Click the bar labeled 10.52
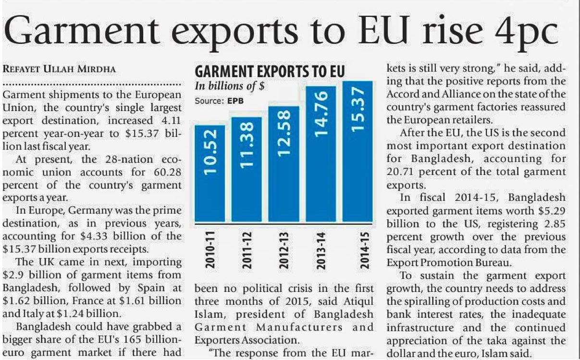click(x=210, y=173)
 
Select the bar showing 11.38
click(x=246, y=169)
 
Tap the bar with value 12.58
click(x=284, y=163)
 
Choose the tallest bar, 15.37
click(x=357, y=151)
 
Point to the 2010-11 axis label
click(x=210, y=249)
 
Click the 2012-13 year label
click(x=284, y=249)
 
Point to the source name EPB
click(x=235, y=101)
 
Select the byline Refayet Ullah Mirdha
click(x=59, y=69)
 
